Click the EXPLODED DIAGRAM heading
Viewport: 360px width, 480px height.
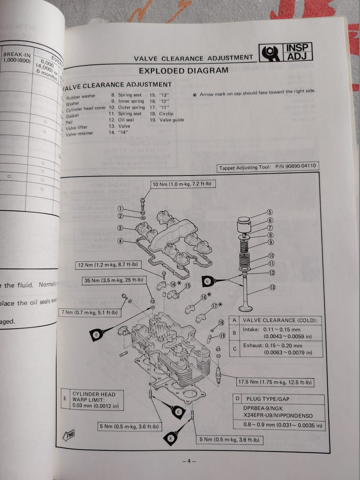[x=183, y=70]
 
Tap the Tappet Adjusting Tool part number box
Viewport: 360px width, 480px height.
[x=268, y=167]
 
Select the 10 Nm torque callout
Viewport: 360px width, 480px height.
[x=178, y=184]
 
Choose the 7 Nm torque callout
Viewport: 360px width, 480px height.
[x=89, y=312]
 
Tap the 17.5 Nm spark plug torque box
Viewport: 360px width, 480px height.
[x=275, y=382]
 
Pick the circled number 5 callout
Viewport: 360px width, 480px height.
[x=270, y=212]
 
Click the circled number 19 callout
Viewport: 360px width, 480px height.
[x=222, y=336]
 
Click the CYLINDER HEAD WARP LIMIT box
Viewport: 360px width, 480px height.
[x=93, y=400]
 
